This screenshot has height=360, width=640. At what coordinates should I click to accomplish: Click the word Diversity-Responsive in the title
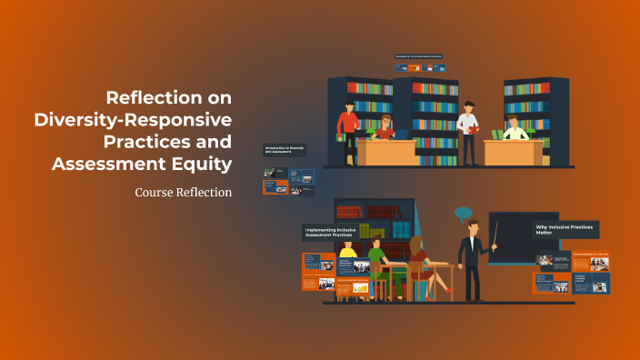[x=133, y=119]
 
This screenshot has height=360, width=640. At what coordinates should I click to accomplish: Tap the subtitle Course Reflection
[x=182, y=193]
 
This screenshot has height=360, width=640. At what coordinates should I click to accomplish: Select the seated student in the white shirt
[x=515, y=130]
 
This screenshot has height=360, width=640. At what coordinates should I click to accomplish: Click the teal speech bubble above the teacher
[x=465, y=215]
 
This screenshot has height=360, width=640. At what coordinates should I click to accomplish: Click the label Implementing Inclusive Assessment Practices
[x=331, y=234]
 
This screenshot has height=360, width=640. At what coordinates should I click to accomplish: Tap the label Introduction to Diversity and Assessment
[x=285, y=150]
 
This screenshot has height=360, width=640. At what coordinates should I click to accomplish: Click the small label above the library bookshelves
[x=420, y=56]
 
